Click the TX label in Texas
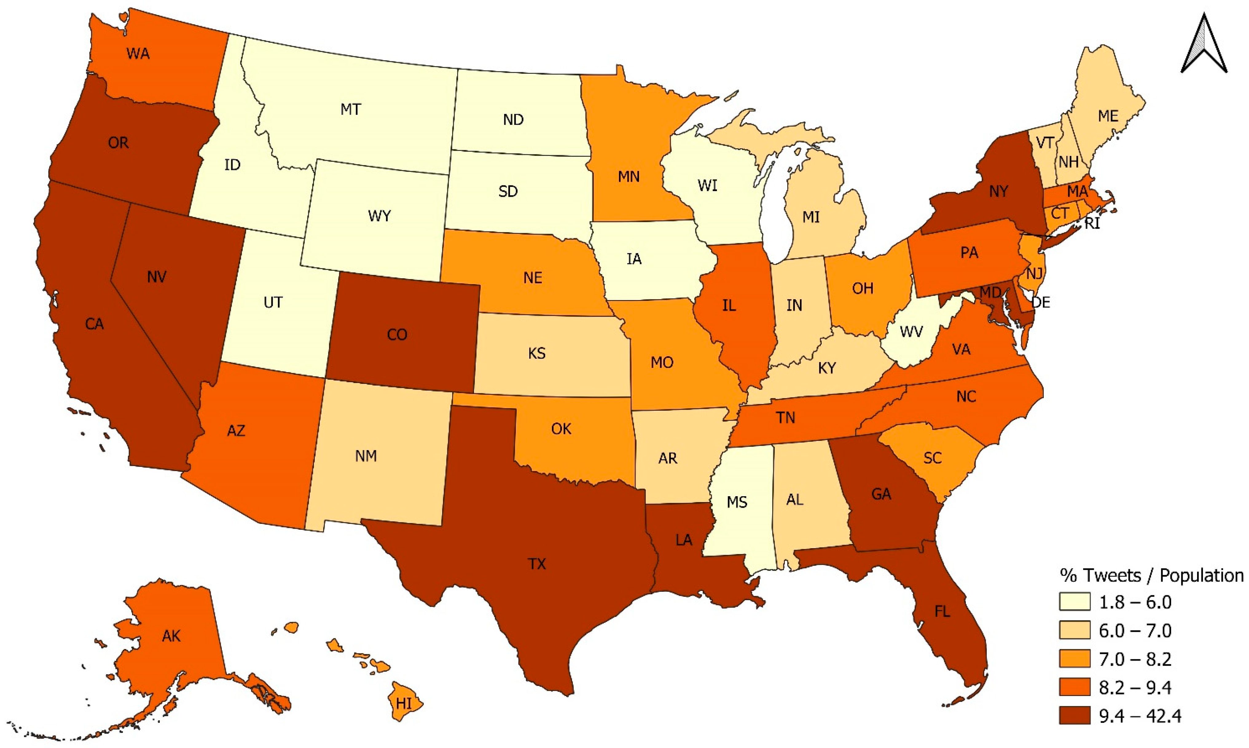(x=537, y=564)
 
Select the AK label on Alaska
(x=171, y=636)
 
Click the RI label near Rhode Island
(x=1091, y=223)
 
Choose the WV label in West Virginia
(x=911, y=331)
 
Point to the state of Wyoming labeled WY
(x=379, y=216)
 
